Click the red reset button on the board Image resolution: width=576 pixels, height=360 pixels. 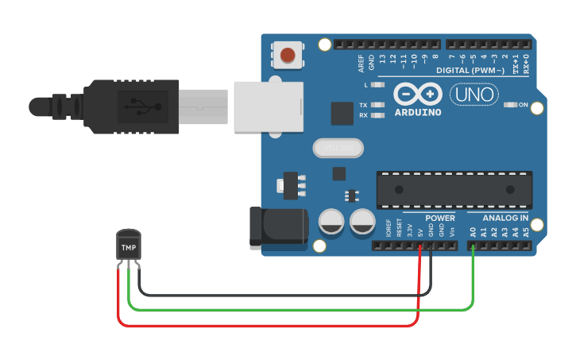coord(287,56)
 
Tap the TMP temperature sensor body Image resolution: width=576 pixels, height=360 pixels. coord(129,246)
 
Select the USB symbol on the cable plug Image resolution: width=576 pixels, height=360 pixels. coord(141,105)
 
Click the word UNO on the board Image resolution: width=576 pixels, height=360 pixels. coord(474,95)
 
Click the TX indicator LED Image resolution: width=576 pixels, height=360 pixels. coord(378,105)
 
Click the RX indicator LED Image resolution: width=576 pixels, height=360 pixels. coord(378,115)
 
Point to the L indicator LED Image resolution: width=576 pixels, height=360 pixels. coord(378,84)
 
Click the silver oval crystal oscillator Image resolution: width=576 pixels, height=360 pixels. coord(338,148)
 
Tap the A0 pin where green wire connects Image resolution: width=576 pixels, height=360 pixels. coord(473,246)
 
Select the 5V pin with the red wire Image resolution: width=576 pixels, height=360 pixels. coord(420,246)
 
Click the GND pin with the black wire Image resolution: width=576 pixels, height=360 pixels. coord(431,246)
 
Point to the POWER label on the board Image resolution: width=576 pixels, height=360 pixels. coord(440,218)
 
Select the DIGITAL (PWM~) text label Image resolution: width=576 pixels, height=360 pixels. coord(474,71)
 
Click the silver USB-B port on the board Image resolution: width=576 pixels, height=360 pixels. coord(269,106)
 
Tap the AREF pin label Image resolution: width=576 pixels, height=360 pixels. coord(361,60)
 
